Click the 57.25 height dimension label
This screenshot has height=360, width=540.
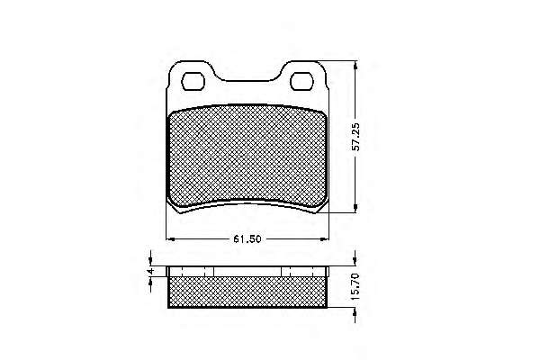[356, 137]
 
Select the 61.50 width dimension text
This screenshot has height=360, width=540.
[247, 238]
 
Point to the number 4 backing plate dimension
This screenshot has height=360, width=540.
[149, 272]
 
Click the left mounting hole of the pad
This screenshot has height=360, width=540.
[193, 81]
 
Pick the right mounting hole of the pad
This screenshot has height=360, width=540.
[301, 81]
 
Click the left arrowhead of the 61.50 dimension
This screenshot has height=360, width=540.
[170, 238]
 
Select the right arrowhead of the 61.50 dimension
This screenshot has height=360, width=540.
[325, 238]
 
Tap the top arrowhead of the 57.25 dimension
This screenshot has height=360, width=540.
[355, 66]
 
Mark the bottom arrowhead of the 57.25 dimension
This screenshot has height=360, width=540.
[355, 208]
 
